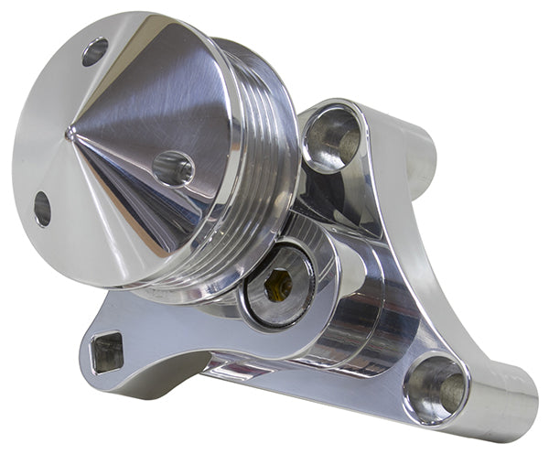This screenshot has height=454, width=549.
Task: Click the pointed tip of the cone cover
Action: tap(70, 133)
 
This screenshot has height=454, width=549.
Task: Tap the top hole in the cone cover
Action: tap(94, 51)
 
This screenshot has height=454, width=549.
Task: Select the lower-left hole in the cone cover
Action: tap(42, 209)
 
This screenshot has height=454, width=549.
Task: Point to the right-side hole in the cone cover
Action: tap(173, 168)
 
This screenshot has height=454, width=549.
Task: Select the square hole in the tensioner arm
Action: tap(107, 351)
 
